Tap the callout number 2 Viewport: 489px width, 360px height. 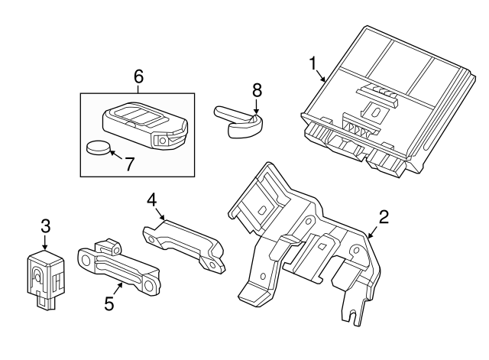384,216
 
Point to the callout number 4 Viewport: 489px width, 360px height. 152,199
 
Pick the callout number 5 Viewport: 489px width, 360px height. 109,303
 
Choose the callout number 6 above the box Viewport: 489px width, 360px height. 138,76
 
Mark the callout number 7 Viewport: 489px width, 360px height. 130,162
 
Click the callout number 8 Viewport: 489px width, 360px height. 257,90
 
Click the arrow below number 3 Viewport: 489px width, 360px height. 45,243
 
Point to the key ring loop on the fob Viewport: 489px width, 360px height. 163,141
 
